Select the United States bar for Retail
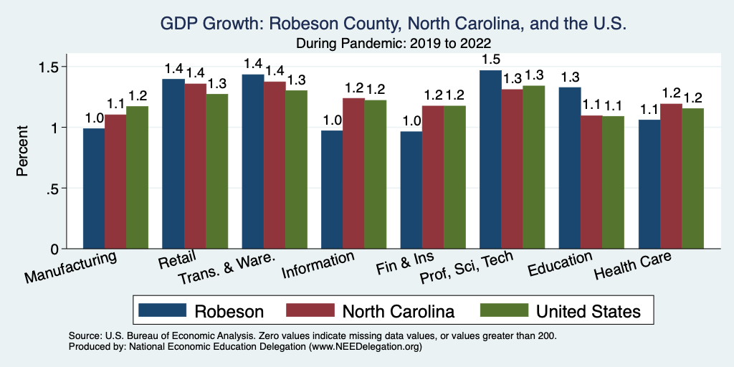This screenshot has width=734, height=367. pyautogui.click(x=217, y=171)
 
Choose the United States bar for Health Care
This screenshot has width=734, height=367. pyautogui.click(x=693, y=178)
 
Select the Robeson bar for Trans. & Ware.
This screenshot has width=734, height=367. pyautogui.click(x=252, y=161)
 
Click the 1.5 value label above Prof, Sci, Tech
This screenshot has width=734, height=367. pyautogui.click(x=491, y=59)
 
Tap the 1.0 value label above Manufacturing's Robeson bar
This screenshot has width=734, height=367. pyautogui.click(x=94, y=118)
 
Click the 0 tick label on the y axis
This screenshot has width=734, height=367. pyautogui.click(x=54, y=249)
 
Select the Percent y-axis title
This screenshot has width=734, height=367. pyautogui.click(x=23, y=151)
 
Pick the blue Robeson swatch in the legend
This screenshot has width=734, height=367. pyautogui.click(x=162, y=310)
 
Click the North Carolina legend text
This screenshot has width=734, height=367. pyautogui.click(x=398, y=311)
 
